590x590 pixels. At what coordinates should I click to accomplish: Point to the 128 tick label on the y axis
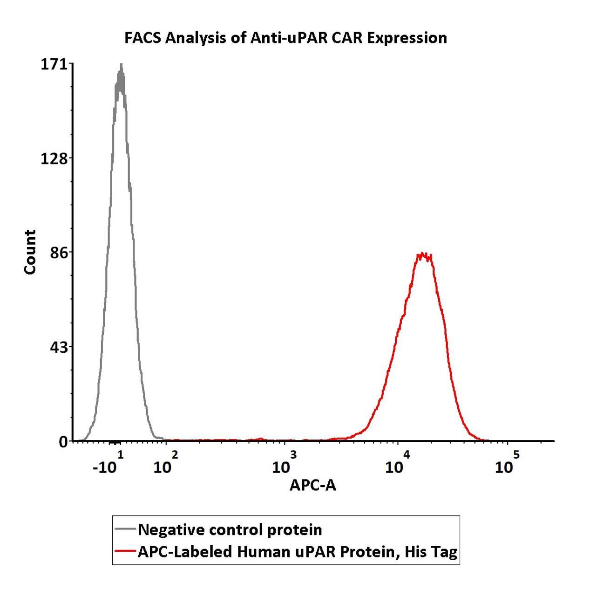point(54,158)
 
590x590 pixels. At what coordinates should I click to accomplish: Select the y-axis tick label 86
point(59,253)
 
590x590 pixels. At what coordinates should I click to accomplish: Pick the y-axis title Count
point(30,252)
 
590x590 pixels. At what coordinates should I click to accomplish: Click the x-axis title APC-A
point(312,485)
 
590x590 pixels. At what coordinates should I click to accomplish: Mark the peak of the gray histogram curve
point(121,65)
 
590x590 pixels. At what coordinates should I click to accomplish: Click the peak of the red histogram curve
point(422,254)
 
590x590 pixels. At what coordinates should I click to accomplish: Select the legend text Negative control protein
point(230,530)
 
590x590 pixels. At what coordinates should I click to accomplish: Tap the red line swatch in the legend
point(125,552)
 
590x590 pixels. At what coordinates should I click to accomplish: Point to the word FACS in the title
point(142,38)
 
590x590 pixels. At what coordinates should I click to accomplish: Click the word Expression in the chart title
point(407,38)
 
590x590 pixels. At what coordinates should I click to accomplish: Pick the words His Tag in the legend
point(431,552)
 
